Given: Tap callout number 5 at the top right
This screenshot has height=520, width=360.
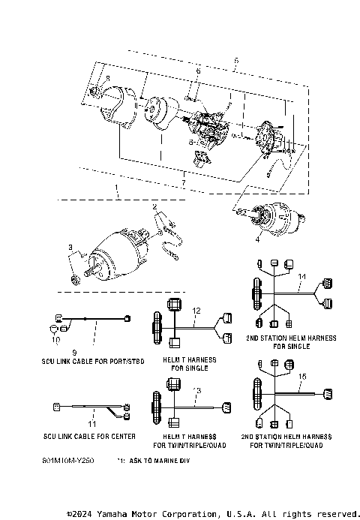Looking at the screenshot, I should tap(236, 60).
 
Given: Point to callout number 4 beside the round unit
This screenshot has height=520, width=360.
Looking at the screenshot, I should tap(257, 241).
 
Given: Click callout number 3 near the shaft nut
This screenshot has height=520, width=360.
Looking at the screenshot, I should tap(70, 247).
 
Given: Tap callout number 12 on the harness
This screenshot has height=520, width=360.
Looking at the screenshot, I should tap(197, 310).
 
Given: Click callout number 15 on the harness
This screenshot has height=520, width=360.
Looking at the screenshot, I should tap(302, 375).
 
